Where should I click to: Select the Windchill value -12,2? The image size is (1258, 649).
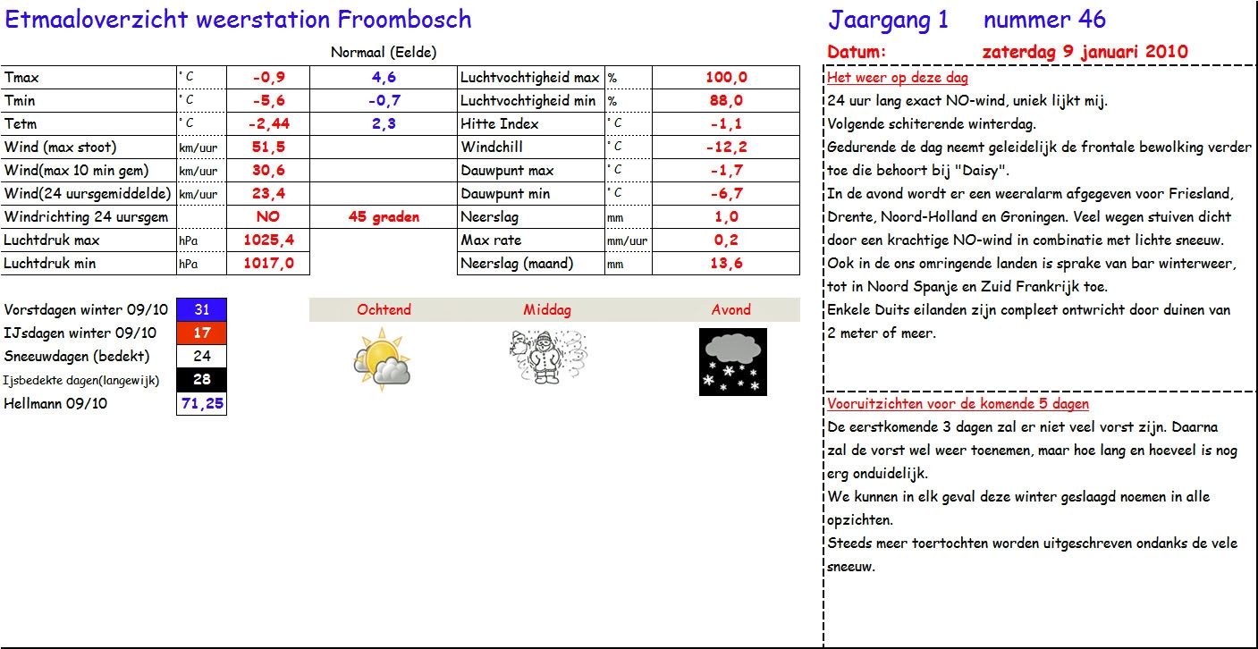[726, 147]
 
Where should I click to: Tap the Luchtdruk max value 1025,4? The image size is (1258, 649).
[268, 240]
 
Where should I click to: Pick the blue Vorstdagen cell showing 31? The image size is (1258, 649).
[202, 310]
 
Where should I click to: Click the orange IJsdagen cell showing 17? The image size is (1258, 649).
[202, 333]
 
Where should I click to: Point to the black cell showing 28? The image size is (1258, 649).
[202, 380]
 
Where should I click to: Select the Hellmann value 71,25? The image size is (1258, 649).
[202, 404]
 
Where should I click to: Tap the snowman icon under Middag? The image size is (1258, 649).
[545, 357]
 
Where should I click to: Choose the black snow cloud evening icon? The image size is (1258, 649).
[732, 361]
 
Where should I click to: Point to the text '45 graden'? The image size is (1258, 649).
[384, 217]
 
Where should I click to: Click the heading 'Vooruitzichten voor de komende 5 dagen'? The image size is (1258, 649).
[958, 404]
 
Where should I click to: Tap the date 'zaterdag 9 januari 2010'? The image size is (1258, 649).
[1085, 52]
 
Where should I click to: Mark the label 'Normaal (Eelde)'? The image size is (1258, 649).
[384, 53]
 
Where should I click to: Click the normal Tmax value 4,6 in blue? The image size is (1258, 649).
[384, 78]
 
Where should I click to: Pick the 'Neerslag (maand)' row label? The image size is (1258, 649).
[517, 264]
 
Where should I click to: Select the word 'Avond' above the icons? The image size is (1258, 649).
[730, 310]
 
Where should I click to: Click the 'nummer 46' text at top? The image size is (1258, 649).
[1043, 20]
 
